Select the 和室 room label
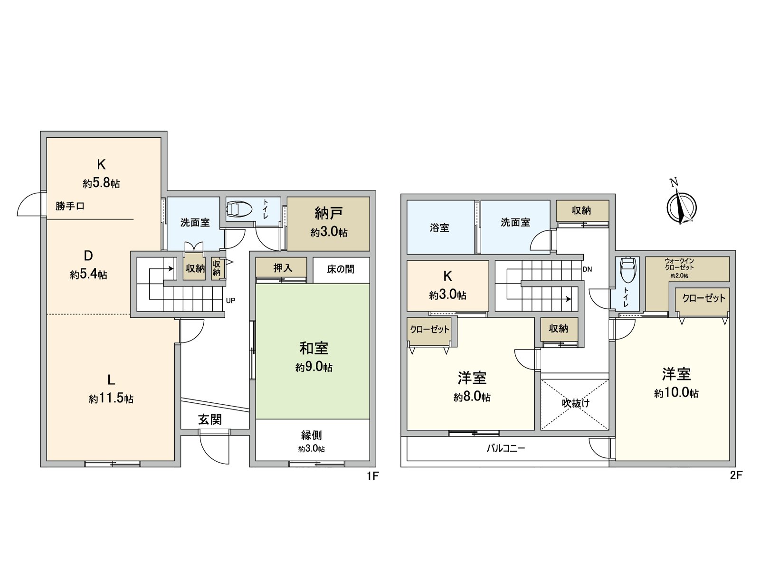click(313, 348)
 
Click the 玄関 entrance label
click(210, 419)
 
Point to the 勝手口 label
click(70, 206)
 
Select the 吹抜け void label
click(576, 403)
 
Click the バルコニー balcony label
click(505, 448)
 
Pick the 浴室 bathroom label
click(439, 228)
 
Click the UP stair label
click(230, 301)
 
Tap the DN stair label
click(587, 269)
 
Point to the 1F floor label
click(372, 475)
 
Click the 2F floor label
click(735, 475)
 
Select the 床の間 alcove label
click(341, 269)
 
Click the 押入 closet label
click(283, 268)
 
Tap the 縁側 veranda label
click(312, 435)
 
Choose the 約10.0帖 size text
click(676, 393)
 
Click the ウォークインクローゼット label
click(680, 264)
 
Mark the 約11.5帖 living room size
click(111, 399)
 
